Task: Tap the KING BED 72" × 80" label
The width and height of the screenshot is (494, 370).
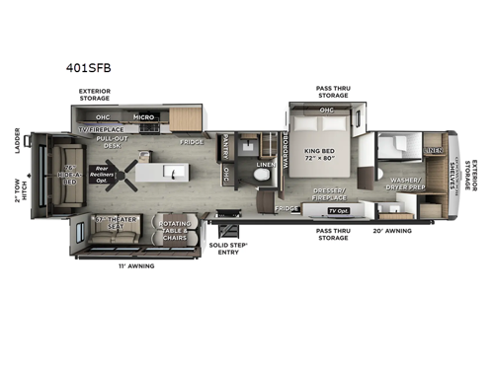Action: [x=322, y=152]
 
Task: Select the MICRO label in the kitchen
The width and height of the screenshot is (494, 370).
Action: [x=143, y=117]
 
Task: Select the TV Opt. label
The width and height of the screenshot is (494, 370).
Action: [x=338, y=211]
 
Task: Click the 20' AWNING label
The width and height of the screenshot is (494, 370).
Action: [x=392, y=231]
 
